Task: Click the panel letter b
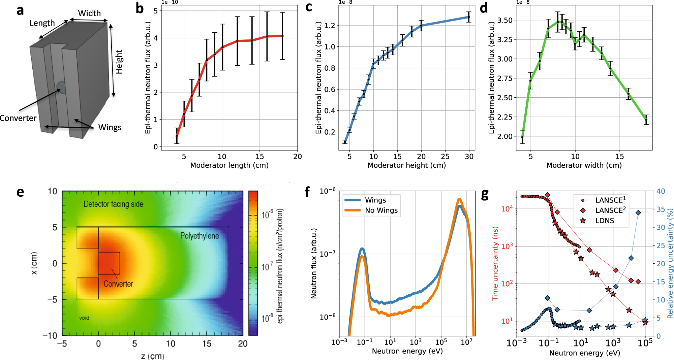140,9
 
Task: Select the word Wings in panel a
110,127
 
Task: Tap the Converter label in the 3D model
18,118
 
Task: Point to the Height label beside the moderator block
119,62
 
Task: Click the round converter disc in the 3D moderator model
61,87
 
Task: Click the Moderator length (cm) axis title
229,165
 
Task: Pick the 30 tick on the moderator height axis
469,157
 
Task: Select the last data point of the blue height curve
468,17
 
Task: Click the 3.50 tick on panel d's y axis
505,20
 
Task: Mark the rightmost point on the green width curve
646,120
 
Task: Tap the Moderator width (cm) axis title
584,165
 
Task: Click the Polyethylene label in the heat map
199,236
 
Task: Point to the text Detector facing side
113,204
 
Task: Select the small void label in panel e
84,318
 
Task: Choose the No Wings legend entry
381,210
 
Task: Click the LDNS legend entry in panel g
605,221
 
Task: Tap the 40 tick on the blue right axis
661,191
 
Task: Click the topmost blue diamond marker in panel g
638,213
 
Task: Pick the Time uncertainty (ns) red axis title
495,263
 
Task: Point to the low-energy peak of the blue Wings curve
362,249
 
